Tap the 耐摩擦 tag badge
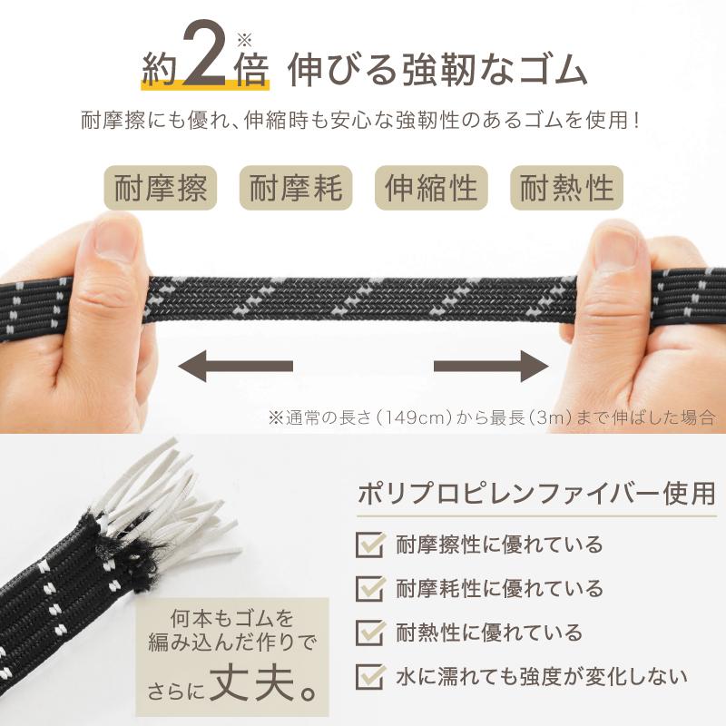[x=162, y=188]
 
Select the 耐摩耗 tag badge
[x=297, y=188]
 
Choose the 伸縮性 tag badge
[x=431, y=188]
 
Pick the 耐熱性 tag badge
[x=567, y=188]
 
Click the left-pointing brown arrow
[x=234, y=366]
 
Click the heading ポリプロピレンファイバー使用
[x=535, y=495]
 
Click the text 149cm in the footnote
[x=420, y=417]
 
